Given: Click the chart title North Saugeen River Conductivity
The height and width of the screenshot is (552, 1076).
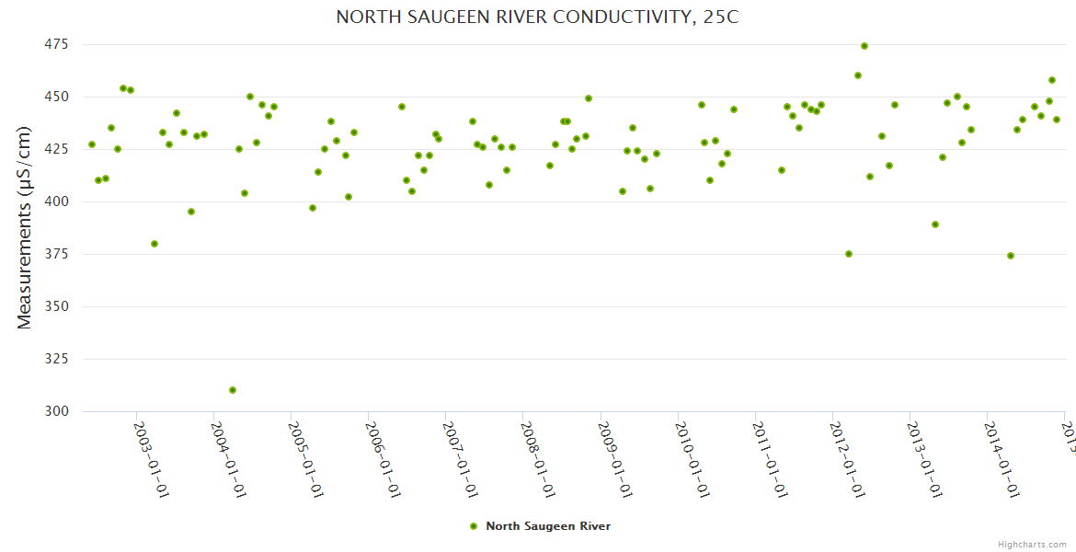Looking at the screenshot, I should pos(537,17).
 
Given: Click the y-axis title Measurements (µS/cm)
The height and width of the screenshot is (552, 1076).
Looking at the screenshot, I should pos(25,228).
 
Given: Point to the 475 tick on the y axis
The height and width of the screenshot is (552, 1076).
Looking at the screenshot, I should pos(57,44).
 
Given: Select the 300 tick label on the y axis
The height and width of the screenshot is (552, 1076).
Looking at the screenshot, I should pos(57,411).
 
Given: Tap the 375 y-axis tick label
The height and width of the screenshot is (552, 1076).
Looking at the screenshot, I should pos(57,254).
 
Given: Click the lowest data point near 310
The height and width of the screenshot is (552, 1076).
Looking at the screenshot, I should pos(233,390).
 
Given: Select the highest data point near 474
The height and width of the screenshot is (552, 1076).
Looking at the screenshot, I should pos(864,46).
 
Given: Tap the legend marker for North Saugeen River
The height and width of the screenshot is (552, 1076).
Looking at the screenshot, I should pos(474,526).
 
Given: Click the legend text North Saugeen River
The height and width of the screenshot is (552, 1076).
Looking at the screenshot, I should pos(548,526).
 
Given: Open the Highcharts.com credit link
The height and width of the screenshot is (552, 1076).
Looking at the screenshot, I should pos(1032,544).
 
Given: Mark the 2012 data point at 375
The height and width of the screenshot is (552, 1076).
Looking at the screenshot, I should pos(849,254).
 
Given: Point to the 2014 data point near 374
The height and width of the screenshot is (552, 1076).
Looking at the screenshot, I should pos(1011,256).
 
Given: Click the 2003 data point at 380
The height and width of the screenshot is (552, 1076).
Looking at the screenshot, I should pos(155,244).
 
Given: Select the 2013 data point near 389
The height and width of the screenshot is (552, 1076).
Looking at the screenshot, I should pos(935,224).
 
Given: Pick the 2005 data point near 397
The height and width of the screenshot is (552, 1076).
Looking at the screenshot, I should pos(313,208).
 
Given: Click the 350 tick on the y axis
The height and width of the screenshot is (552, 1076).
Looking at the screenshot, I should pos(57,306).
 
